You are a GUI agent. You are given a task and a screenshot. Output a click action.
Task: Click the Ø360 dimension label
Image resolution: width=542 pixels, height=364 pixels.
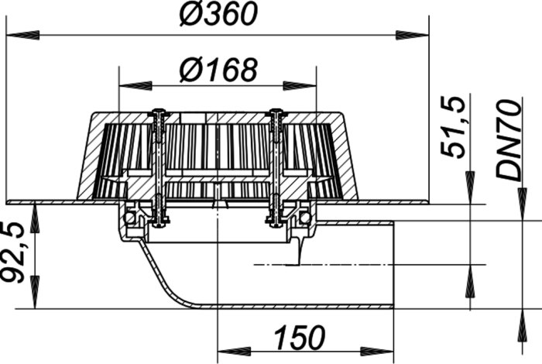click(218, 14)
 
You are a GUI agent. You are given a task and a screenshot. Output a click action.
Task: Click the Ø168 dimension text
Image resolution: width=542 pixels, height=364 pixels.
click(218, 70)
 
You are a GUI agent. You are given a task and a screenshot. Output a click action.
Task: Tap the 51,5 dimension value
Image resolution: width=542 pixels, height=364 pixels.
click(452, 127)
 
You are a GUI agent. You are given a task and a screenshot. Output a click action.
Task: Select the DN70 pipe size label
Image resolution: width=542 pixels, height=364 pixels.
click(508, 139)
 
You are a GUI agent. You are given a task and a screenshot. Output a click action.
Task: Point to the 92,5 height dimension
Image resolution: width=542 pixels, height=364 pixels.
click(13, 252)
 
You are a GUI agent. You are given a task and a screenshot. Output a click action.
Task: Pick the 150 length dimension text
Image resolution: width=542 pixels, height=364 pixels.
click(300, 337)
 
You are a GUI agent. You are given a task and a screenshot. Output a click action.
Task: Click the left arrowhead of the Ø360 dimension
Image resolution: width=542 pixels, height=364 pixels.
click(22, 35)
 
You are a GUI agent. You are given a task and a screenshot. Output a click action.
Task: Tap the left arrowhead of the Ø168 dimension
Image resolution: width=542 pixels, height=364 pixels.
click(135, 86)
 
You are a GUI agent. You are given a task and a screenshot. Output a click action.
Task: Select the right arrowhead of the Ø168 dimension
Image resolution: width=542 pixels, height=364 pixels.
click(300, 86)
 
